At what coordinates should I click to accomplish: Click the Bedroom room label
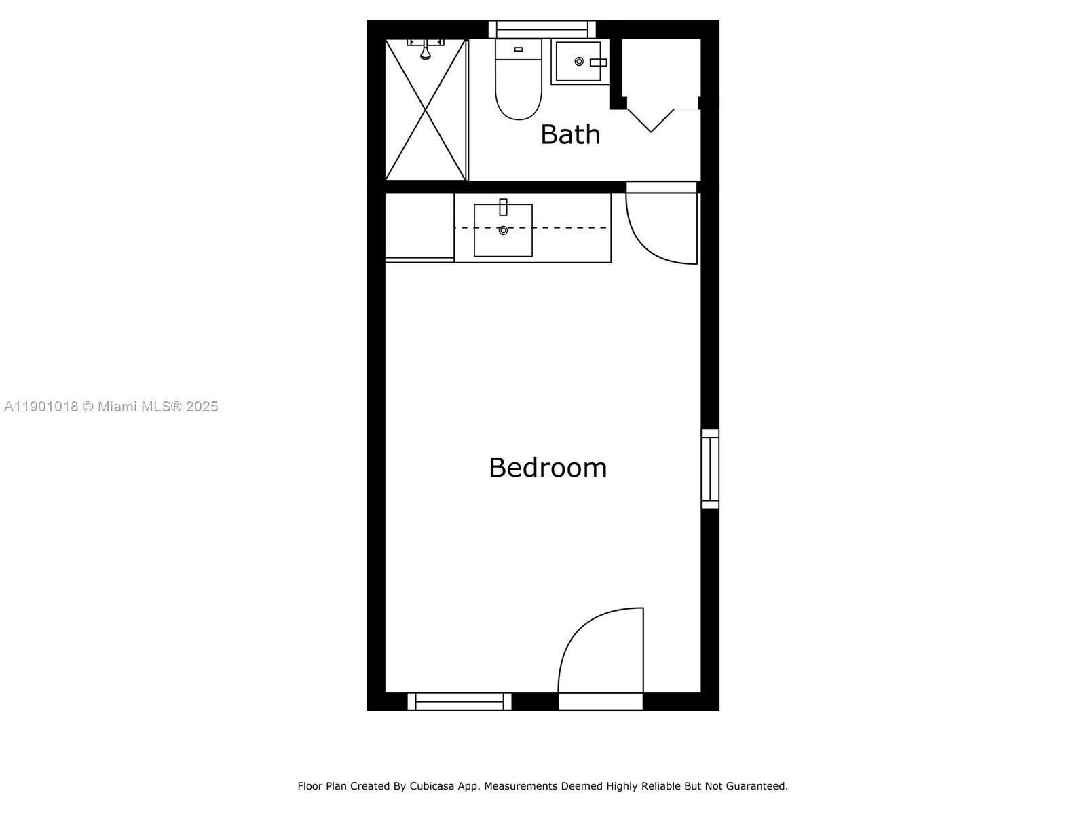click(548, 468)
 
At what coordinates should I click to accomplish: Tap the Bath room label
click(570, 134)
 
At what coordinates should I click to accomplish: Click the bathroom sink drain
click(579, 62)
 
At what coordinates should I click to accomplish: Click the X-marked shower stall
click(426, 110)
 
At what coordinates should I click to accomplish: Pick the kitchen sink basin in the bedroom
click(503, 231)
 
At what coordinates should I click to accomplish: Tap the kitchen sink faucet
click(503, 207)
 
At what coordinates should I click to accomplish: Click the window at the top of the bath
click(542, 29)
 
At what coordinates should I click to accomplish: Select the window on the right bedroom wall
click(710, 468)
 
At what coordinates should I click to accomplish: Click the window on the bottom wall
click(460, 702)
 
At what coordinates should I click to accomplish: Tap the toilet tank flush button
click(519, 50)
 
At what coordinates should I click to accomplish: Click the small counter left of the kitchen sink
click(419, 226)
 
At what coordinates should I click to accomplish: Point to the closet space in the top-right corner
click(662, 68)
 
